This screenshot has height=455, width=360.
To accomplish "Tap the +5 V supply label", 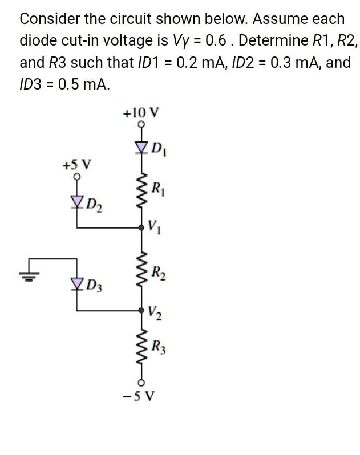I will click(x=76, y=166).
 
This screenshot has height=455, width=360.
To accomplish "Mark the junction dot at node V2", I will click(x=141, y=310).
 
